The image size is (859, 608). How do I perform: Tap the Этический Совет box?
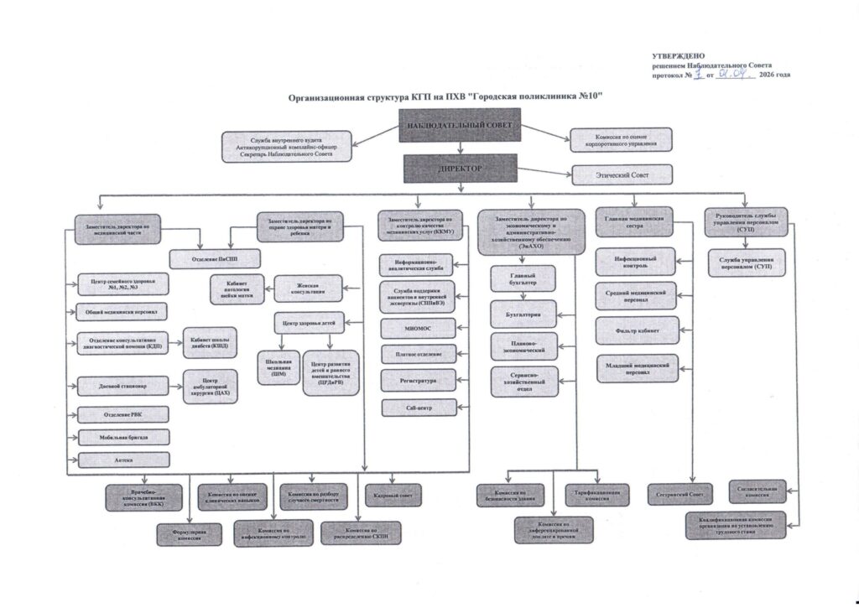click(621, 174)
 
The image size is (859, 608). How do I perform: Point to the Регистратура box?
click(419, 380)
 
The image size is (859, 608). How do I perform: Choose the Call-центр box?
click(419, 408)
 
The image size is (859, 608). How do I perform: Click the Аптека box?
click(122, 460)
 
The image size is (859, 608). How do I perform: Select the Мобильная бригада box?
click(122, 437)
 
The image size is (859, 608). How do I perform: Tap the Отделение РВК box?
click(122, 414)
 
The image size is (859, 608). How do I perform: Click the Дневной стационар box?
click(122, 387)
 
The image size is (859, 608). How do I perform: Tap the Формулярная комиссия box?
click(189, 534)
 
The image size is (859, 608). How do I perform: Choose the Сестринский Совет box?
click(680, 494)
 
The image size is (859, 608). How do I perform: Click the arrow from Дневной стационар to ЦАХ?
click(176, 387)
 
